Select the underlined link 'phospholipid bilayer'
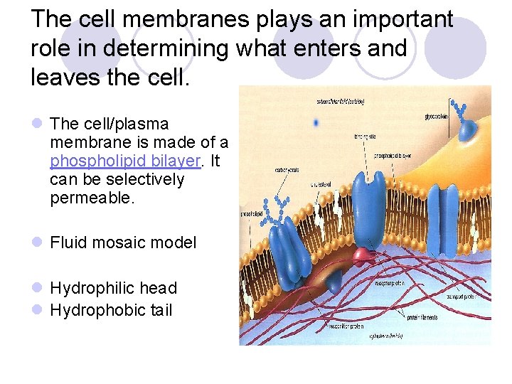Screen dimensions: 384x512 (124, 161)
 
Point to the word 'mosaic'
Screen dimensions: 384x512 (127, 242)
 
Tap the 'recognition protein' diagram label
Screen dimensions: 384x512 (346, 326)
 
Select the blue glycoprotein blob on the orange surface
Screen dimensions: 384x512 (468, 129)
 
